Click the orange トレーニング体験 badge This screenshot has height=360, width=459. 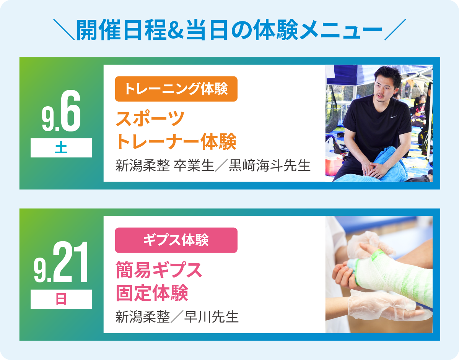176,89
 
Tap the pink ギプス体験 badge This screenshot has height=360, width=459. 176,240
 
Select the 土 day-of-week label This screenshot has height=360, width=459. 61,148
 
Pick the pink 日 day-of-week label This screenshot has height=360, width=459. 61,299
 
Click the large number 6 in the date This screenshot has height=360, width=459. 70,110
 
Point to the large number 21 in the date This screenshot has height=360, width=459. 70,262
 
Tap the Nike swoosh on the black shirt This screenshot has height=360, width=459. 394,117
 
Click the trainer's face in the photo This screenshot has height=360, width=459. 383,89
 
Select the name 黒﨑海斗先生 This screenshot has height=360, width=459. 270,165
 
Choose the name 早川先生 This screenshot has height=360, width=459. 212,317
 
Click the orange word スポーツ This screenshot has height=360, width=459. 150,118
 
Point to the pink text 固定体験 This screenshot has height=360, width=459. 152,293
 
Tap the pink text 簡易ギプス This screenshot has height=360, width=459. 159,270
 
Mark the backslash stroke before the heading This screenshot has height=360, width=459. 64,29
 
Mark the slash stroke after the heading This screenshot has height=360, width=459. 395,29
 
